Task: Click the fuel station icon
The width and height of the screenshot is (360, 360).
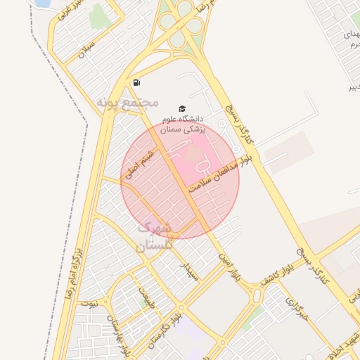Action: click(136, 82)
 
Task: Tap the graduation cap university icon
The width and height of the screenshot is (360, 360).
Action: click(183, 108)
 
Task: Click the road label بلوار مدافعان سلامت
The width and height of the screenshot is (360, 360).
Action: click(219, 176)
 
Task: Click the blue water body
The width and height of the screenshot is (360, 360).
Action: click(41, 4)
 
